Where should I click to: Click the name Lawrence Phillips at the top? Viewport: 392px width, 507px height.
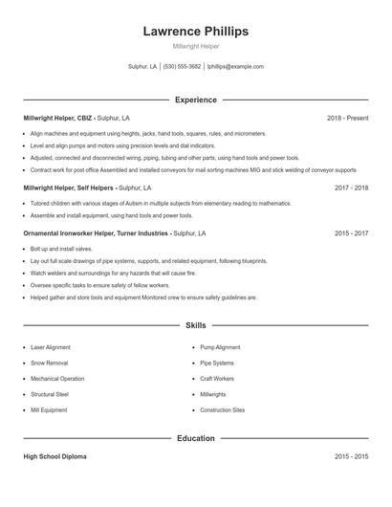click(x=195, y=31)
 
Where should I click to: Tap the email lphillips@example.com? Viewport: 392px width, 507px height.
click(x=235, y=67)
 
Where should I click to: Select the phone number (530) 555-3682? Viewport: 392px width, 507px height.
click(x=182, y=67)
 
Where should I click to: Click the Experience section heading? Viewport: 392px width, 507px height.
click(x=195, y=99)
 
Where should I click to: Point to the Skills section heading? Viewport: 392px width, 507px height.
click(x=195, y=326)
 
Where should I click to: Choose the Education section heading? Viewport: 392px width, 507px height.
click(x=195, y=438)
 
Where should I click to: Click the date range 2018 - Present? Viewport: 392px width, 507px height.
click(x=347, y=118)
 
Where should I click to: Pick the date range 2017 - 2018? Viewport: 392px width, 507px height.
click(x=351, y=187)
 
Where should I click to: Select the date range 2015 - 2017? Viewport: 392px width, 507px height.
click(x=351, y=232)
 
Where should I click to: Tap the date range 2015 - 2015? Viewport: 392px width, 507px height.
click(x=351, y=457)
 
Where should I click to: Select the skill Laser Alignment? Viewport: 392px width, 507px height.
click(x=51, y=347)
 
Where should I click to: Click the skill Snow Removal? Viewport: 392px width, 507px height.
click(x=49, y=364)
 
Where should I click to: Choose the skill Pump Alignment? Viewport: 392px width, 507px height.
click(x=220, y=347)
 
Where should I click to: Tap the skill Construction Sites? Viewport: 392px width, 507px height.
click(x=222, y=410)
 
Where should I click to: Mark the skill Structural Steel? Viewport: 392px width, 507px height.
click(x=50, y=394)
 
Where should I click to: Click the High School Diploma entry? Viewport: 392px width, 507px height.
click(x=54, y=457)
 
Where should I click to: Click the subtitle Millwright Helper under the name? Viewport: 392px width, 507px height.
click(x=195, y=46)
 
